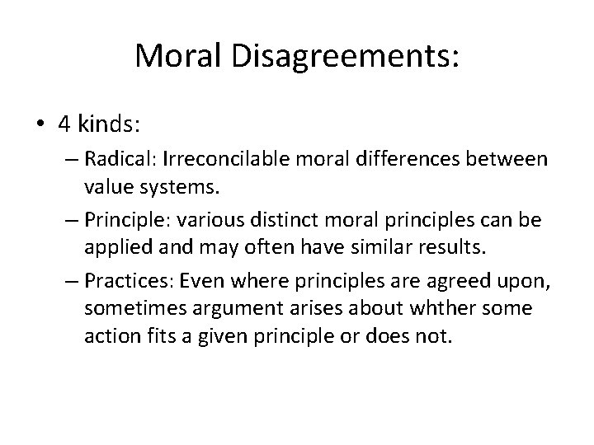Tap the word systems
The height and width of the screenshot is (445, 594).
(x=167, y=185)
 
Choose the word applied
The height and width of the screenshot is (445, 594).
(x=111, y=246)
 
